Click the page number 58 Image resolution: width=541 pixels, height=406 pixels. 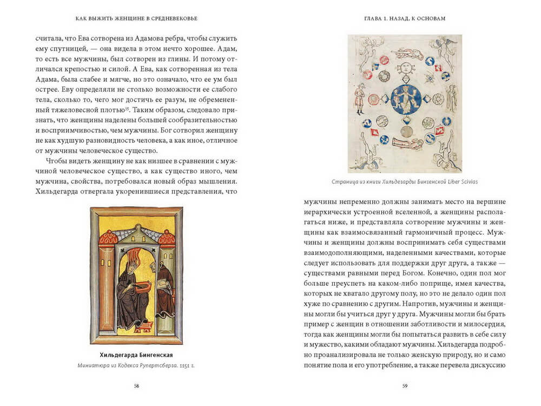pyautogui.click(x=136, y=385)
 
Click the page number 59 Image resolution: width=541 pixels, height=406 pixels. pyautogui.click(x=405, y=385)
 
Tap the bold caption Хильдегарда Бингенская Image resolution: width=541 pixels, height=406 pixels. pyautogui.click(x=136, y=355)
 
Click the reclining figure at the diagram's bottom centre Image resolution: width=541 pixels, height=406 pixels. pyautogui.click(x=407, y=143)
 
